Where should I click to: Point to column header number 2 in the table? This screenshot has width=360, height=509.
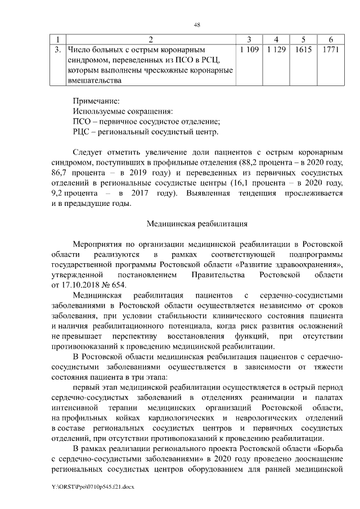click(x=150, y=39)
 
